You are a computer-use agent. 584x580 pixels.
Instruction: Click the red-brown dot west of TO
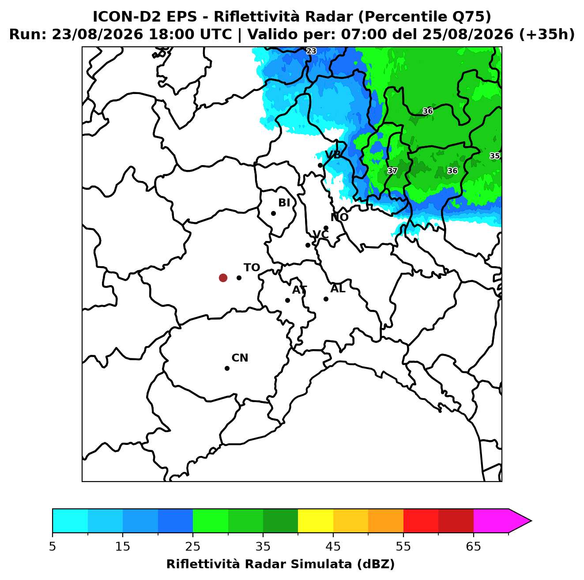(223, 277)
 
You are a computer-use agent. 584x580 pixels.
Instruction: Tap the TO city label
(252, 268)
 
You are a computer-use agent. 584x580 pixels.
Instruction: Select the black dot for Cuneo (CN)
(227, 368)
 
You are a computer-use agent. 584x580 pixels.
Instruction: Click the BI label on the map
(284, 203)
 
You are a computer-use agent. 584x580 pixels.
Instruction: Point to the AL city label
(338, 289)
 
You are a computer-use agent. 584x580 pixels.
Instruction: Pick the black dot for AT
(287, 300)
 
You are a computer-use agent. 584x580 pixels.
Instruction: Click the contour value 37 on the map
(392, 171)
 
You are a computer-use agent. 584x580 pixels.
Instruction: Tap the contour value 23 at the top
(311, 51)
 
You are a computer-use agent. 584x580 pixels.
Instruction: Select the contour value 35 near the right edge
(494, 156)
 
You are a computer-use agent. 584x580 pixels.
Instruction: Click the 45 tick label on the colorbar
(333, 546)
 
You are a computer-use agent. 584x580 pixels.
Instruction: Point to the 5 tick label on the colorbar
(53, 546)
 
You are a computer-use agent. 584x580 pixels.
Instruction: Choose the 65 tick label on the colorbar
(473, 546)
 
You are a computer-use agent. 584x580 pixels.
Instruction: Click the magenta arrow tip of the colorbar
(531, 521)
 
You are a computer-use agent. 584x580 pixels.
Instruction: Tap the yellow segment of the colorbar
(316, 521)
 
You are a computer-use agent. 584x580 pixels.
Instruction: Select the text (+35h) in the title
(547, 34)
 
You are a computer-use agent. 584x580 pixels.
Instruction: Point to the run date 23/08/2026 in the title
(97, 34)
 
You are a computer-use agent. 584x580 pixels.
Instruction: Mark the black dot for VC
(308, 245)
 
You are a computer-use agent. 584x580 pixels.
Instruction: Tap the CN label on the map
(240, 358)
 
